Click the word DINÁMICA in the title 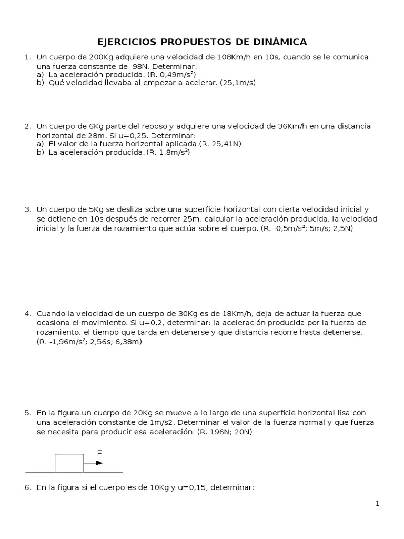click(x=277, y=42)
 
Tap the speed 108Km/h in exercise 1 click(x=232, y=57)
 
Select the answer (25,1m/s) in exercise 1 click(x=238, y=83)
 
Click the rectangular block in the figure click(x=69, y=463)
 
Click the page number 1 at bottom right click(x=377, y=504)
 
